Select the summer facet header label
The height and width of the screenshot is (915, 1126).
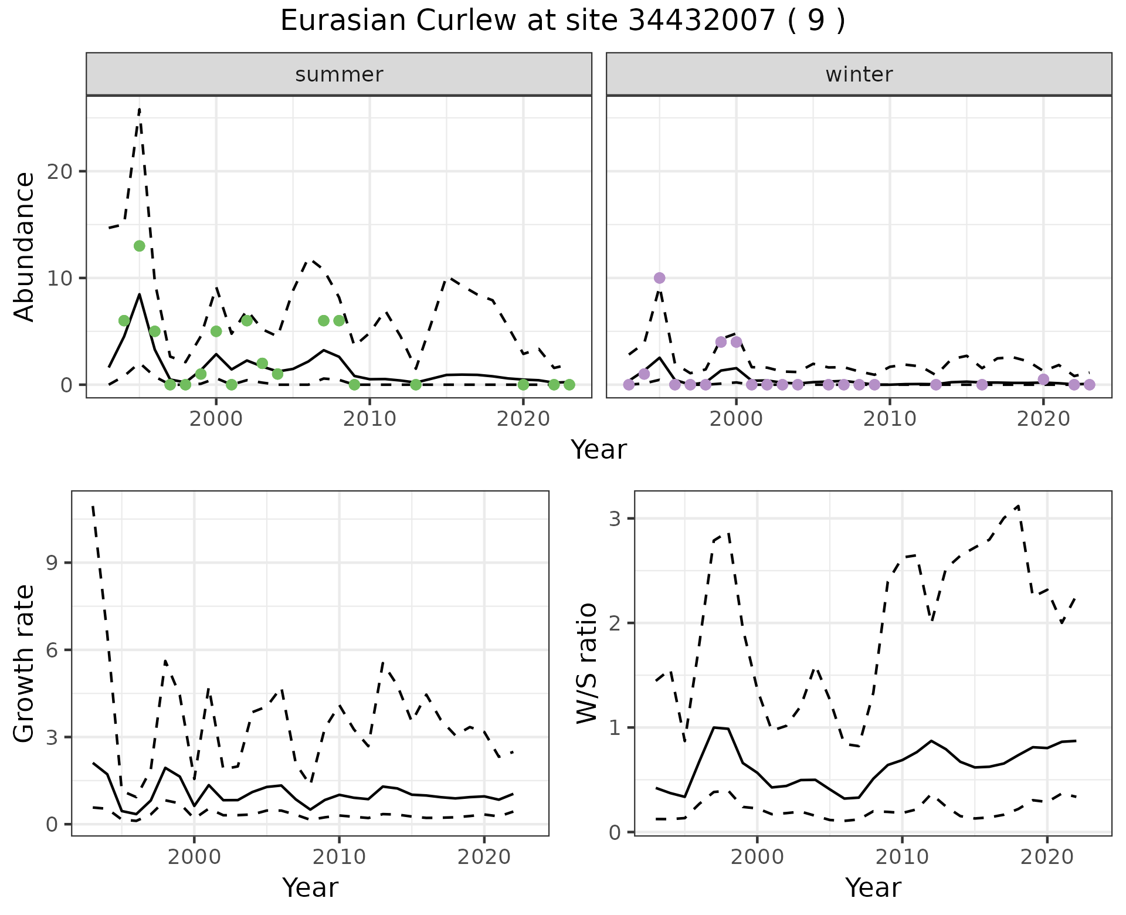click(x=339, y=74)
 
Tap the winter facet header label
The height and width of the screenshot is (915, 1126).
click(x=859, y=74)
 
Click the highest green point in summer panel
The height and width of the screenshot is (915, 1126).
click(x=139, y=246)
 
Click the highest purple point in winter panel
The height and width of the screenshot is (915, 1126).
click(x=659, y=278)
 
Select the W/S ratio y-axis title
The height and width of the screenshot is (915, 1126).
click(x=586, y=663)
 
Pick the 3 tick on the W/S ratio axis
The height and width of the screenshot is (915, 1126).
click(x=615, y=518)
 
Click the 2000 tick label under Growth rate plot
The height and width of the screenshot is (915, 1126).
click(x=194, y=856)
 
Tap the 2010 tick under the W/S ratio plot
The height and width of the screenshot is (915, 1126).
click(x=902, y=856)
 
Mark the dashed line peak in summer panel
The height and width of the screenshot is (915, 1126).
click(x=139, y=109)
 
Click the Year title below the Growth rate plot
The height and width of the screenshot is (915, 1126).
click(x=310, y=887)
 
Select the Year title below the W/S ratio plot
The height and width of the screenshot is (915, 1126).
click(x=873, y=887)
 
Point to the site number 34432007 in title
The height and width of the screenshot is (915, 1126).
click(x=702, y=21)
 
